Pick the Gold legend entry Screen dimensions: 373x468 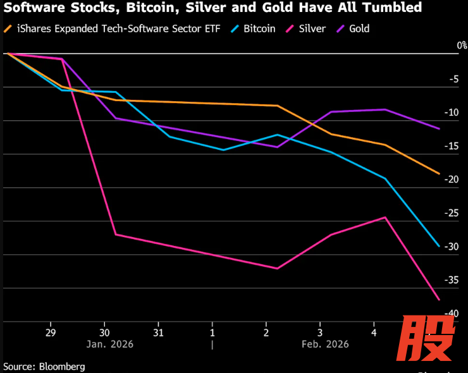click(x=353, y=28)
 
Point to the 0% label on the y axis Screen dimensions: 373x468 click(x=461, y=46)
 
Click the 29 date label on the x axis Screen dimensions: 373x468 click(x=51, y=332)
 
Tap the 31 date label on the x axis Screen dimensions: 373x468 click(x=159, y=332)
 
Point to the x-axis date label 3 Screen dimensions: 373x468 click(x=320, y=332)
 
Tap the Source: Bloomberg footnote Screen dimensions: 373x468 click(x=44, y=366)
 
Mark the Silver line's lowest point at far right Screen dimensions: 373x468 click(x=440, y=299)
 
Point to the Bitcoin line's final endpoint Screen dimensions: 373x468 click(x=440, y=246)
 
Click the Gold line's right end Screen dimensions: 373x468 click(x=440, y=128)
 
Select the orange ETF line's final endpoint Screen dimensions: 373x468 click(x=440, y=173)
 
